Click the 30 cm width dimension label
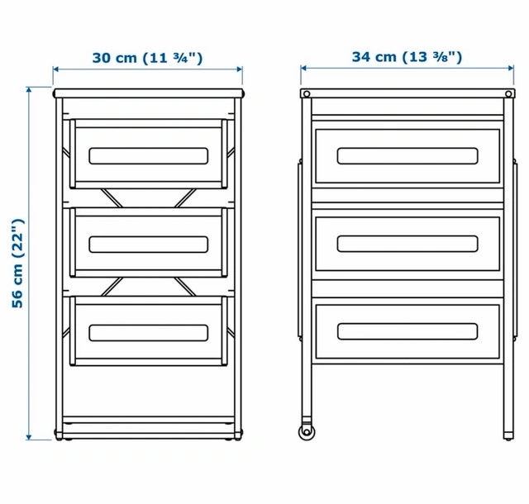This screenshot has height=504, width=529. click(x=147, y=58)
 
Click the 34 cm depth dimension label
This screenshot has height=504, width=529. click(x=407, y=57)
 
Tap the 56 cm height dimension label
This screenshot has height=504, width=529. click(x=18, y=264)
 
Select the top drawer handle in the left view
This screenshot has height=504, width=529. click(x=149, y=156)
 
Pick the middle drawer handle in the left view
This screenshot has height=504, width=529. click(x=149, y=245)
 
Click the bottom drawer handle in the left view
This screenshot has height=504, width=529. click(x=149, y=333)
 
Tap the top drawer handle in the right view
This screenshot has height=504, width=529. click(x=407, y=156)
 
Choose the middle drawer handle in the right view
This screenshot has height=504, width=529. click(x=407, y=244)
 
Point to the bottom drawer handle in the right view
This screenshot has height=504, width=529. click(x=407, y=331)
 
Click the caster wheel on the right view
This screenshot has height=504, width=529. click(x=307, y=432)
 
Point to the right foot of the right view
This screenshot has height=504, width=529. click(x=508, y=436)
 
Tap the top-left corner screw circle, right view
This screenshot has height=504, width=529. click(x=307, y=94)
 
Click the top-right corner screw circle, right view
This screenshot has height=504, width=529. click(x=508, y=94)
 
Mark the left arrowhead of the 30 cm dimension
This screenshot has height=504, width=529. click(x=56, y=69)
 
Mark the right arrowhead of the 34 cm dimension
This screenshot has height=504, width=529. click(x=511, y=68)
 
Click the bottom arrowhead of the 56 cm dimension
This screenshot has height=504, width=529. click(x=29, y=437)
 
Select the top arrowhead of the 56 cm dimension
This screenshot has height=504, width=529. click(x=29, y=90)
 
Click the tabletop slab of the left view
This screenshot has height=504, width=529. click(x=149, y=93)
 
